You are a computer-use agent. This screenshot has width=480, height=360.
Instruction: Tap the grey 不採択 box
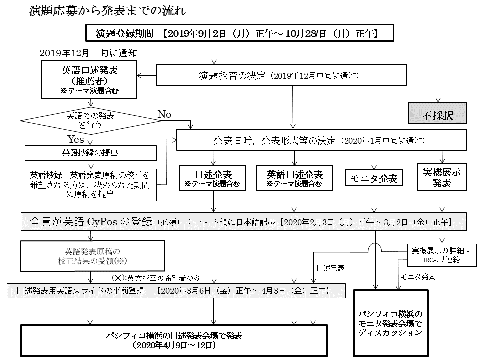pyautogui.click(x=437, y=113)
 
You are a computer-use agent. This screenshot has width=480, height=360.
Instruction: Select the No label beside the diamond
pyautogui.click(x=164, y=115)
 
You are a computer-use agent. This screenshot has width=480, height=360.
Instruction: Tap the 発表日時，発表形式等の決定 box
pyautogui.click(x=321, y=141)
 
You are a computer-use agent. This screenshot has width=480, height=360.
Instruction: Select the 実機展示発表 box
pyautogui.click(x=441, y=178)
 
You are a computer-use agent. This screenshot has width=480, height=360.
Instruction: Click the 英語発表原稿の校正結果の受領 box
pyautogui.click(x=92, y=256)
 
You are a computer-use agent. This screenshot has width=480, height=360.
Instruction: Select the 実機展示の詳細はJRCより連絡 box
pyautogui.click(x=441, y=255)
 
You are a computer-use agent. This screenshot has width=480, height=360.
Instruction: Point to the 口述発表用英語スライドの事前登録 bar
pyautogui.click(x=176, y=290)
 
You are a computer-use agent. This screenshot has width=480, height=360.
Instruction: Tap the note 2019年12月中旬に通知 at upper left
pyautogui.click(x=88, y=52)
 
